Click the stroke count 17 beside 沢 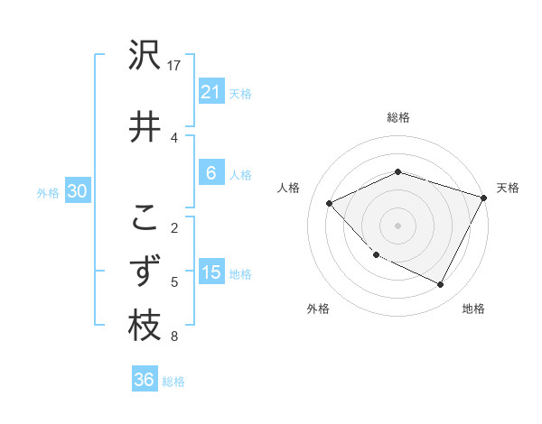[174, 66]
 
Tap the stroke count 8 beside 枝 [174, 336]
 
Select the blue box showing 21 [210, 92]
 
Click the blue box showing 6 [210, 173]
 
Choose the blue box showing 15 [210, 272]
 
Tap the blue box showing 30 [77, 191]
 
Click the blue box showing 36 [144, 380]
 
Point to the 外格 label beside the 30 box [48, 192]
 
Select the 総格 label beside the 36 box [173, 382]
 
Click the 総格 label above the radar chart [397, 117]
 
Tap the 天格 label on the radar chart [508, 188]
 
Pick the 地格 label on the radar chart [473, 309]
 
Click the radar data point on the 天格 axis [484, 198]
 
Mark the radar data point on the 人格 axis [330, 203]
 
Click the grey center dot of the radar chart [397, 225]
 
